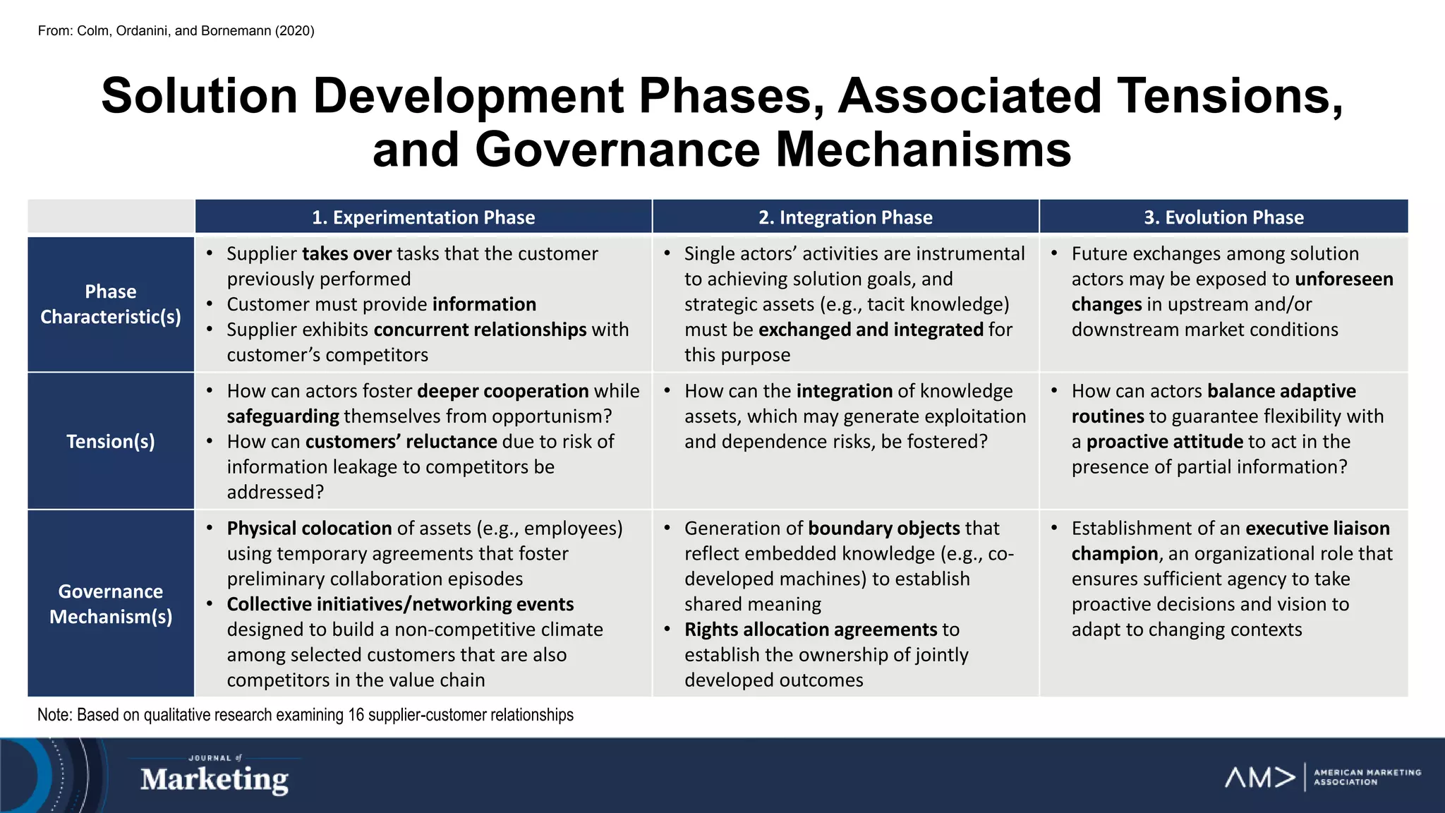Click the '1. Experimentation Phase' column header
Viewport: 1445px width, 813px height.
pos(423,217)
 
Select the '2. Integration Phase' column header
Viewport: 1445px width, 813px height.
pos(845,217)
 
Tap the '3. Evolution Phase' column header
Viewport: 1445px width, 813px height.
pos(1223,217)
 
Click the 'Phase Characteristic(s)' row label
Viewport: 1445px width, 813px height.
pos(111,304)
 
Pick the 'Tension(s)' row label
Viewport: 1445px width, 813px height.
pos(111,441)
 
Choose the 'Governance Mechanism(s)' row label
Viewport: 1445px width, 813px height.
pos(111,604)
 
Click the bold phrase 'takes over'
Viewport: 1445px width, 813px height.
pos(346,254)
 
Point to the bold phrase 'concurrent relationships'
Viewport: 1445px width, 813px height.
pos(480,330)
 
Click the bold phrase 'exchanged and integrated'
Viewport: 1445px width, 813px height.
pos(871,330)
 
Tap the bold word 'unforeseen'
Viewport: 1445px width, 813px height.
pos(1344,279)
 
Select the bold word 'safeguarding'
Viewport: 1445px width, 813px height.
pos(283,416)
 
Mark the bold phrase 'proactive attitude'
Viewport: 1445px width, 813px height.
pos(1164,442)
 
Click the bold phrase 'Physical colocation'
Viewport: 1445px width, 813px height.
pos(309,529)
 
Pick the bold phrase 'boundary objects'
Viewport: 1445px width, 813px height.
pos(883,529)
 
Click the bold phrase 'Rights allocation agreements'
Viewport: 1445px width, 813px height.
pos(810,630)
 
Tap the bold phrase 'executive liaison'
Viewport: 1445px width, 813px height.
pos(1317,529)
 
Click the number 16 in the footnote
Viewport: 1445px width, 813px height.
pos(356,715)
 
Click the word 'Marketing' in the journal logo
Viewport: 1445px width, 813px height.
pos(214,780)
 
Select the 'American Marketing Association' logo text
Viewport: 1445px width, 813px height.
pos(1367,777)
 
